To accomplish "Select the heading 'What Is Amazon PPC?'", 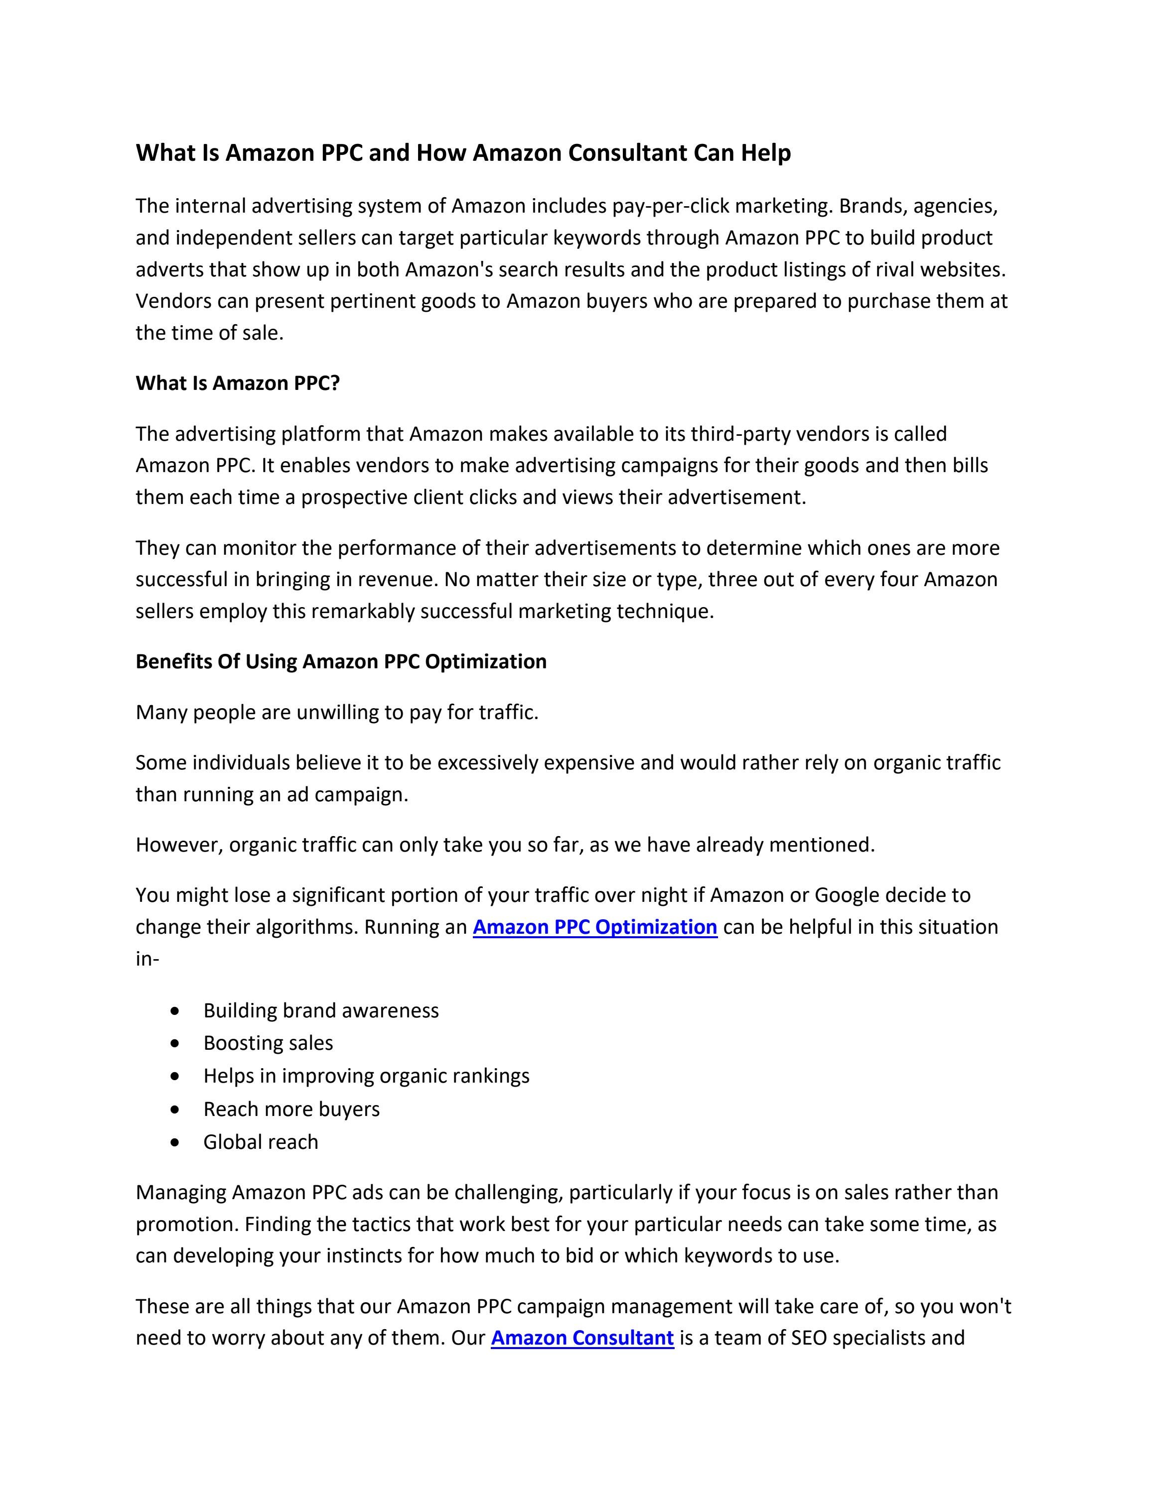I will [x=238, y=383].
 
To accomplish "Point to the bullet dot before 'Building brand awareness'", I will [x=177, y=1010].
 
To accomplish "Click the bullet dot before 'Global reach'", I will [x=177, y=1142].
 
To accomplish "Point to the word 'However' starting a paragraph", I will [x=179, y=845].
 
